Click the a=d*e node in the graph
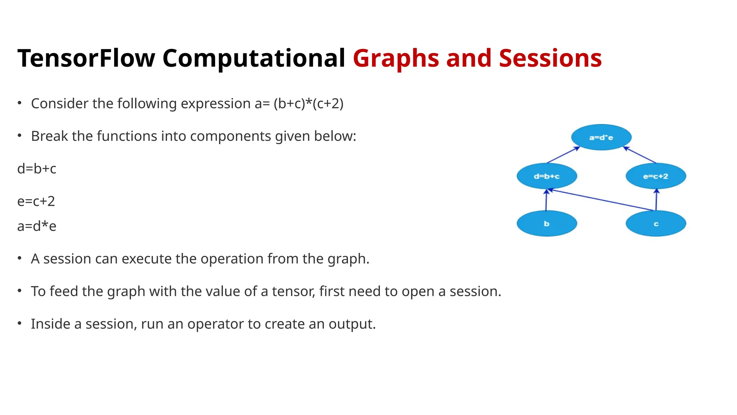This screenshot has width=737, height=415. pos(601,137)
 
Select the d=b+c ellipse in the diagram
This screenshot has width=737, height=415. pos(547,176)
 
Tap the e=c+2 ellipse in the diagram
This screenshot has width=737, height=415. pos(656,176)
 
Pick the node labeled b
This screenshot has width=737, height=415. pos(547,224)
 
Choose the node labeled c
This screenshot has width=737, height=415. pos(656,224)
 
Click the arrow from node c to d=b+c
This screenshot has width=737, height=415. pos(601,200)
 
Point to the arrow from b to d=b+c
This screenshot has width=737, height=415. pos(546,200)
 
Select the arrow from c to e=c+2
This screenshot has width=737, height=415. pos(656,200)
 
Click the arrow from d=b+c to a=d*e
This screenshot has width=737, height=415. pos(563,155)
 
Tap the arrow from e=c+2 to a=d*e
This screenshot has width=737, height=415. pos(640,155)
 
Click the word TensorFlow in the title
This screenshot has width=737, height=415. pos(86,58)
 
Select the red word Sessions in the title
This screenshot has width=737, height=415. pos(550,58)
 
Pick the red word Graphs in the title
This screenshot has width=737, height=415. pos(396,58)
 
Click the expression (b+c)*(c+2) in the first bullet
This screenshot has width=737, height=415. pos(308,104)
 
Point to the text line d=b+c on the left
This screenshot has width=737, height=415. pos(37,169)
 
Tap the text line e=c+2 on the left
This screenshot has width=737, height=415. pos(36,201)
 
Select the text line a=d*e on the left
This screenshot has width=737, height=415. pos(37,226)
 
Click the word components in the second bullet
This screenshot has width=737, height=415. pos(231,136)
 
